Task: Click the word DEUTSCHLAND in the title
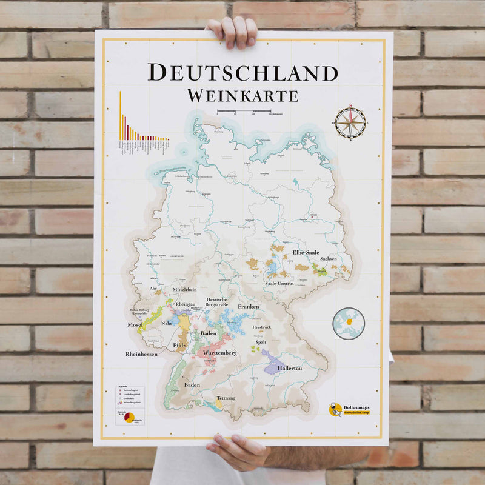coord(242,72)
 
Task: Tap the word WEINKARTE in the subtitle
coord(242,95)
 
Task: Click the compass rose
coord(350,123)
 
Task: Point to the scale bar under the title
coord(244,112)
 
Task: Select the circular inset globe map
coord(349,323)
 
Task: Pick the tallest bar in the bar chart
coord(120,115)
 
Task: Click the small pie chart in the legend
coord(129,418)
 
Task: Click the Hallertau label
coord(289,368)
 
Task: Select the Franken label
coord(248,306)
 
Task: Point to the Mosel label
coord(135,324)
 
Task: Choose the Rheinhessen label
coord(141,353)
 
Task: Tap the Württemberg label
coord(219,353)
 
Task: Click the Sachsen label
coord(329,259)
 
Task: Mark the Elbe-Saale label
coord(306,252)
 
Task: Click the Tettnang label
coord(226,398)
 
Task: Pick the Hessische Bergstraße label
coord(216,303)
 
